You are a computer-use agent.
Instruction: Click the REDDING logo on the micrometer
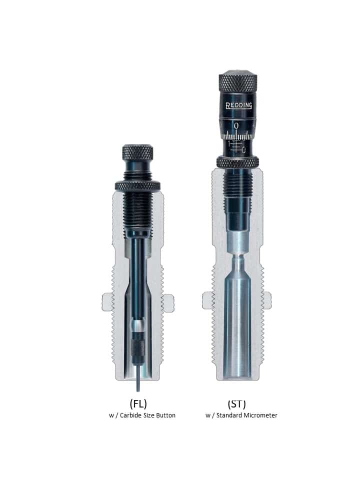tap(239, 105)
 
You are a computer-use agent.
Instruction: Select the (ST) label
tap(236, 404)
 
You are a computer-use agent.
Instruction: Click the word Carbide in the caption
tap(131, 415)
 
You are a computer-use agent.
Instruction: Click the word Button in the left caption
tap(165, 415)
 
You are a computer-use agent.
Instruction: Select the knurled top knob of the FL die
tap(138, 152)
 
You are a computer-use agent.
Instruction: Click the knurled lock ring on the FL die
tap(137, 186)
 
